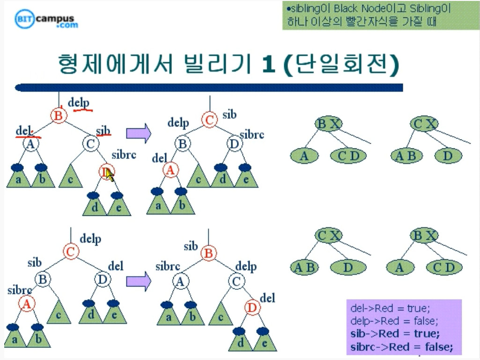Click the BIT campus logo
[46, 20]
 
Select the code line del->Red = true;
[390, 309]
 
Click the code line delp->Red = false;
[394, 321]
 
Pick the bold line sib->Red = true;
[395, 334]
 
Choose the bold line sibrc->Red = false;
[401, 347]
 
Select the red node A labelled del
[170, 171]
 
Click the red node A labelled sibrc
[27, 304]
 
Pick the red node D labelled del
[252, 308]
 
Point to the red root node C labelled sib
[209, 120]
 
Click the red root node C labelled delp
[70, 252]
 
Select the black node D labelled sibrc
[234, 143]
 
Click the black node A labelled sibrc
[179, 281]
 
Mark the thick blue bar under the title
[209, 88]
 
